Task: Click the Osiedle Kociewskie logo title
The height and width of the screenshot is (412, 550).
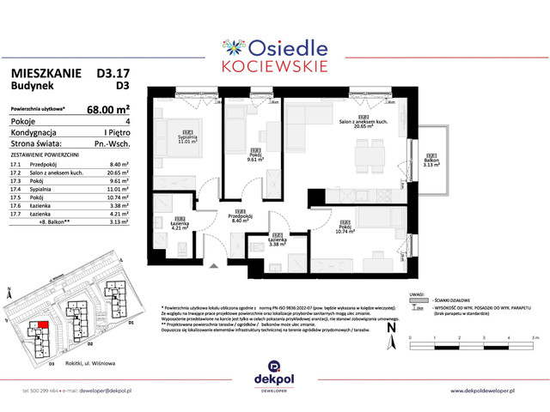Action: [x=276, y=51]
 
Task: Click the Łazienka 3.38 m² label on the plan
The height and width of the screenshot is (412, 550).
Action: [x=277, y=241]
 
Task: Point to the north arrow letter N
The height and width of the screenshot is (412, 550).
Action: [x=390, y=326]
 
